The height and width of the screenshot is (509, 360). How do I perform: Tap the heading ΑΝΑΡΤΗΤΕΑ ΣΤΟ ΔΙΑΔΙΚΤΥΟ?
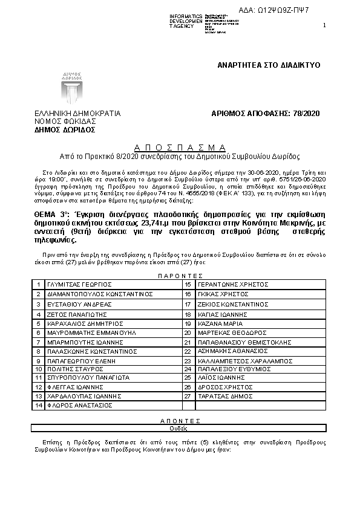tap(269, 65)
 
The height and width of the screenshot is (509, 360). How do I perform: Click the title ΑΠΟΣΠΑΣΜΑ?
tap(180, 148)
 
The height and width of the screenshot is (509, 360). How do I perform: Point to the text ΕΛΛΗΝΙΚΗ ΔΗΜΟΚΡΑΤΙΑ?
tap(78, 113)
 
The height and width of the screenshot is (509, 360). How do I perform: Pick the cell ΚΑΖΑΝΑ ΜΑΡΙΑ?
tap(215, 323)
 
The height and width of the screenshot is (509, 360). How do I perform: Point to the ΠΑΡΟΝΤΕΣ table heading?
tap(179, 275)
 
